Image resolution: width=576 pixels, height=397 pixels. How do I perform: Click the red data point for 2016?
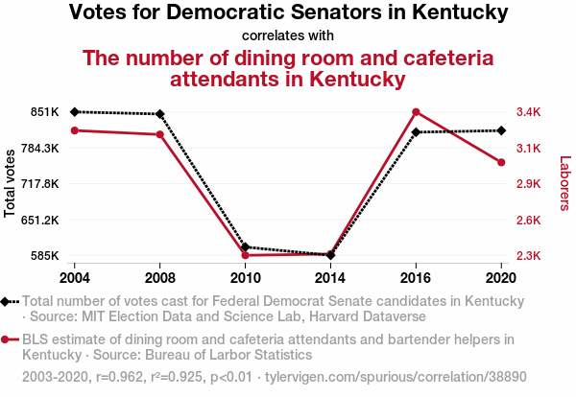point(416,112)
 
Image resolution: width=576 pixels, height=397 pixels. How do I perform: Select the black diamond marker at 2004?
point(74,112)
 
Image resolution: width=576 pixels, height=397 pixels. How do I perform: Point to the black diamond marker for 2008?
point(159,114)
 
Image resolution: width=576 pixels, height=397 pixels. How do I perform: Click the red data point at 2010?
point(245,255)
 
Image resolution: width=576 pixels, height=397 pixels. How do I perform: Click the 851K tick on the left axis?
point(45,112)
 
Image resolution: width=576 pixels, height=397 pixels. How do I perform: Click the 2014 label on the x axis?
point(330,278)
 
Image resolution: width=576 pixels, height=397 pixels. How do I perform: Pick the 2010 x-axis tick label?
point(245,278)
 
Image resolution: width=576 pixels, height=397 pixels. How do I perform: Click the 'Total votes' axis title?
point(10,182)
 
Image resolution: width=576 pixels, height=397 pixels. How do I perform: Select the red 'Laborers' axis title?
point(564,184)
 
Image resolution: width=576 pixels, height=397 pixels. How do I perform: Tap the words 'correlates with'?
point(288,36)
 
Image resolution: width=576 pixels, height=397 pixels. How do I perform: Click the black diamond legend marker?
point(7,301)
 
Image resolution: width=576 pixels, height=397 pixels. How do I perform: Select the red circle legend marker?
point(7,339)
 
